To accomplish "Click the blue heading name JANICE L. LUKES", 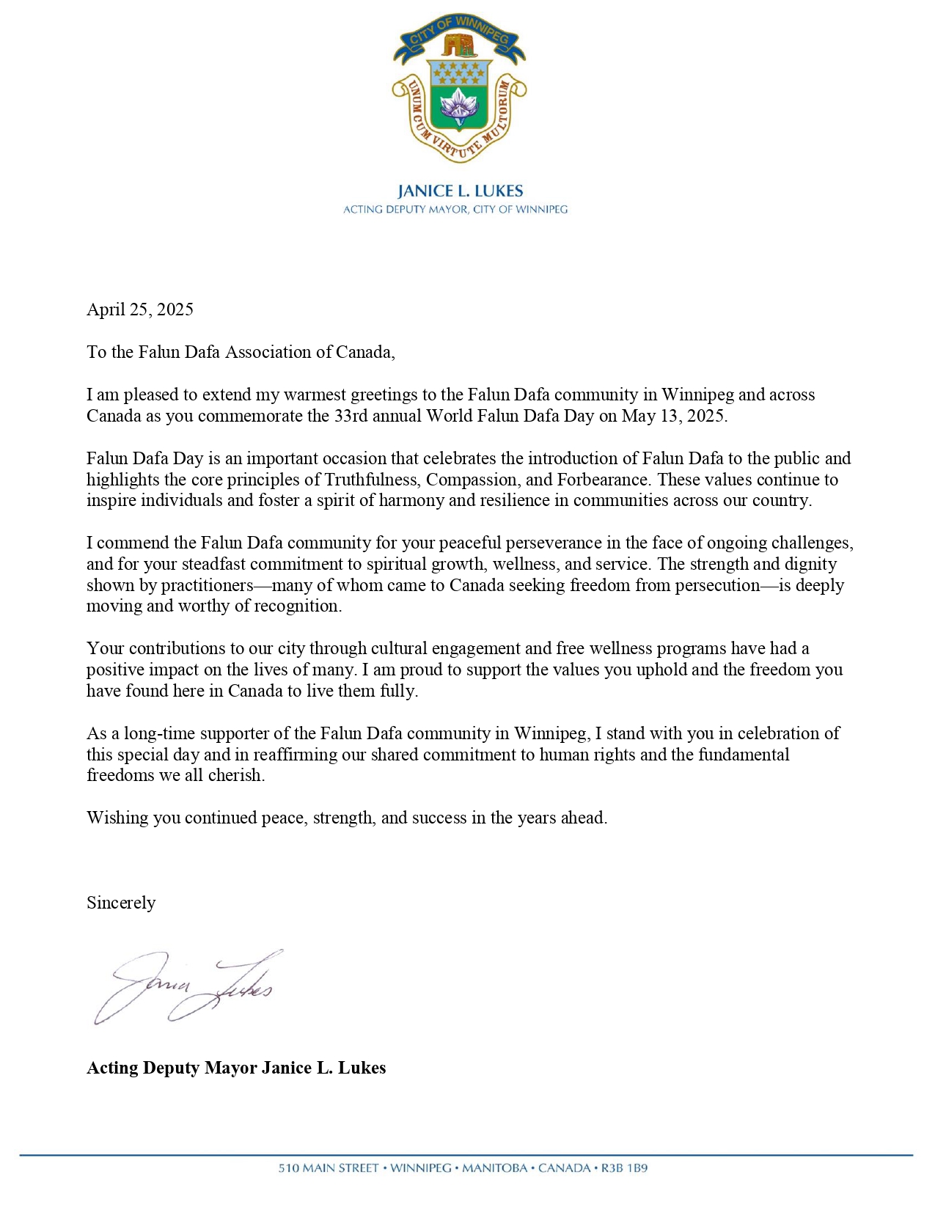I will [x=460, y=191].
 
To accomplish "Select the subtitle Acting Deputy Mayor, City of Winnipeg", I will [x=455, y=210].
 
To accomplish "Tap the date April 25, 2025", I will [x=140, y=309].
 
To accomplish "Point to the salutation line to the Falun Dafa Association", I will [x=241, y=352].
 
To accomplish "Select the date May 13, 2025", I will [x=674, y=416].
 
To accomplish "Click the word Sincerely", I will [x=121, y=903].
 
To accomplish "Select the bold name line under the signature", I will [x=236, y=1068].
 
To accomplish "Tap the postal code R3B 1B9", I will [x=624, y=1168].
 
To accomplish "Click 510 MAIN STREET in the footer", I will [x=329, y=1168].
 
